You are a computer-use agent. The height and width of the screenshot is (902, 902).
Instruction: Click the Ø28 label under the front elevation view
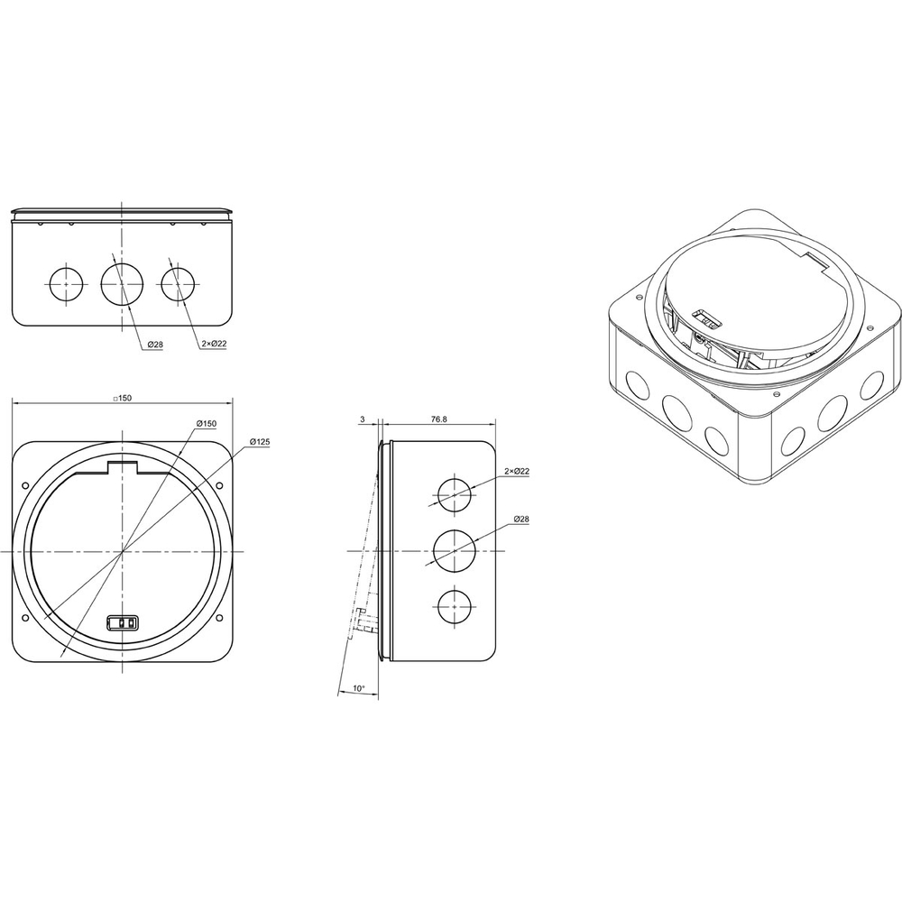pyautogui.click(x=155, y=345)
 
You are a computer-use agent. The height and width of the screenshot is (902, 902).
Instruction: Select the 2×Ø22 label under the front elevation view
pyautogui.click(x=214, y=344)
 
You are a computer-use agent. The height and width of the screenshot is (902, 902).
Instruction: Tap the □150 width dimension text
pyautogui.click(x=122, y=398)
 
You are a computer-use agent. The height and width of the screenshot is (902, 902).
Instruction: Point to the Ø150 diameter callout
pyautogui.click(x=206, y=423)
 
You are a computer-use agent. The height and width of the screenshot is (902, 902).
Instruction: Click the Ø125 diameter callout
pyautogui.click(x=260, y=442)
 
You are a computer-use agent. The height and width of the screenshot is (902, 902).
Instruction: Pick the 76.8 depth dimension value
pyautogui.click(x=439, y=419)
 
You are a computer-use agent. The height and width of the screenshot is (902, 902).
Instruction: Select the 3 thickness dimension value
pyautogui.click(x=363, y=419)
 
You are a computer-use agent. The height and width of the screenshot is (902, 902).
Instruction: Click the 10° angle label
pyautogui.click(x=358, y=688)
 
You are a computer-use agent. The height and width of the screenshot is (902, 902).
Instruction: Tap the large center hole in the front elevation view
pyautogui.click(x=122, y=283)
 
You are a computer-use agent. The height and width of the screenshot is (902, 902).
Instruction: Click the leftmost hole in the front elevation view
pyautogui.click(x=66, y=284)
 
